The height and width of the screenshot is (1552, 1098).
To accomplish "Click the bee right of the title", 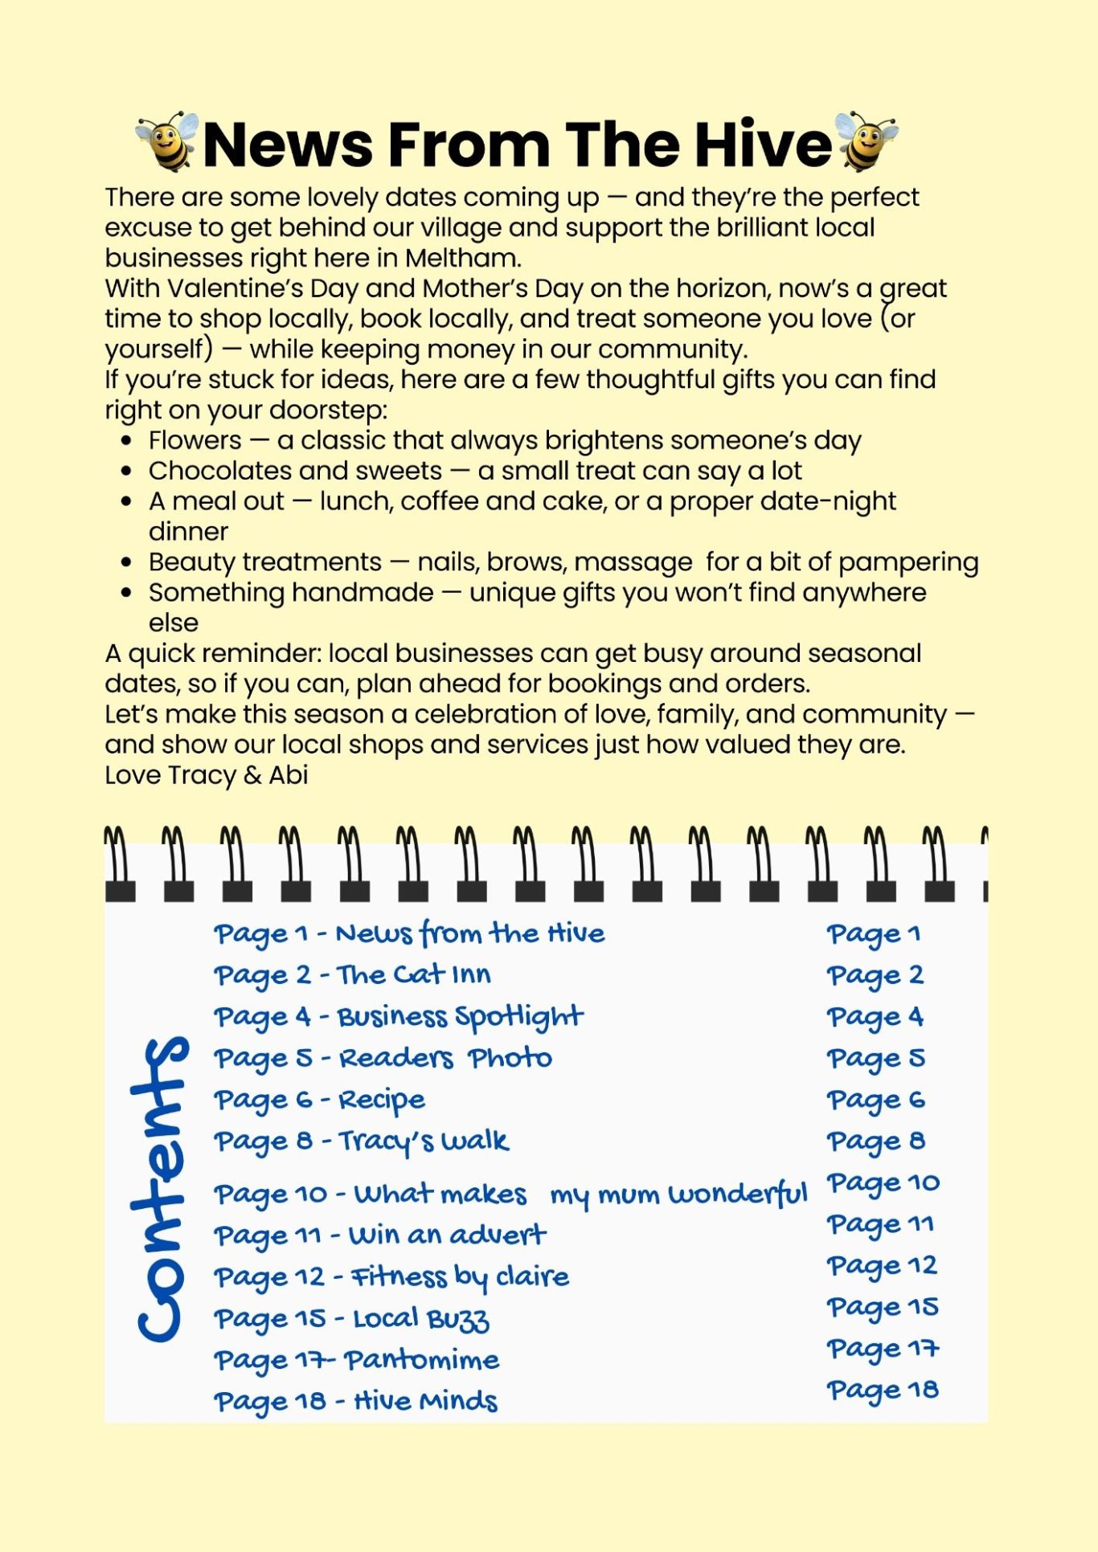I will pos(866,142).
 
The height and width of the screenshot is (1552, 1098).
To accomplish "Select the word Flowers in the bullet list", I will pos(195,440).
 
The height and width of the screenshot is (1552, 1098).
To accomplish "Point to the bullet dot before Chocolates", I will pos(126,471).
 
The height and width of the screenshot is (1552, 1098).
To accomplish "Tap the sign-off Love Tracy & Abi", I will pos(207,774).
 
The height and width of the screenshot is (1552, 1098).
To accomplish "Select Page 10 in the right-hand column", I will pos(883,1183).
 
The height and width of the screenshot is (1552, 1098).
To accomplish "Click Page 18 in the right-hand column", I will pos(882,1391).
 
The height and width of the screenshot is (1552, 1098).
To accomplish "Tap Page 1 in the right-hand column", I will pos(873,934).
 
